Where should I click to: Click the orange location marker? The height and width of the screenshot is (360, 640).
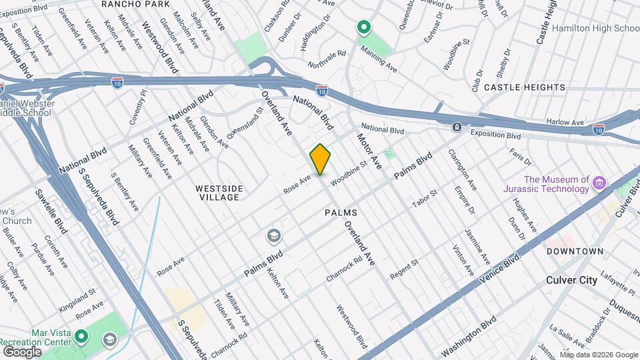(321, 159)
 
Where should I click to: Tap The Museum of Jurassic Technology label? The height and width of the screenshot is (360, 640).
(557, 184)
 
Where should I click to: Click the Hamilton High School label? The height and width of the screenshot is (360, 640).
(596, 29)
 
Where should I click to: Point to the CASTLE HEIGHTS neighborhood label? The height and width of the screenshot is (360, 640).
(525, 87)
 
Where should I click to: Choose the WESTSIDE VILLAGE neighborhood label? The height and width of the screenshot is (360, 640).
(217, 193)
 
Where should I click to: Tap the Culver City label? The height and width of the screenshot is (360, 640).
(571, 280)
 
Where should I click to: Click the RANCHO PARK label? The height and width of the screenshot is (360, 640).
(133, 4)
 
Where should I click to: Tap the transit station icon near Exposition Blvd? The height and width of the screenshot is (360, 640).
(457, 127)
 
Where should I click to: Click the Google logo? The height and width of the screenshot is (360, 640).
(22, 351)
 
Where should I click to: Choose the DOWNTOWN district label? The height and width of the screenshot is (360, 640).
(575, 251)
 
